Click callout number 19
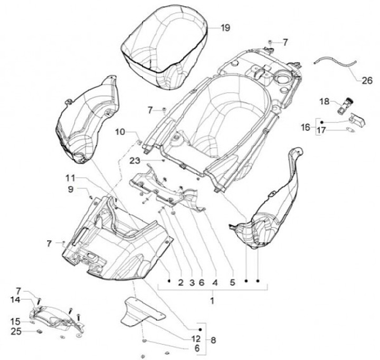point(225,28)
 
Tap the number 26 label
point(367,81)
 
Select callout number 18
point(324,101)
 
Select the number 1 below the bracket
point(212,301)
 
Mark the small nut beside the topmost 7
point(270,41)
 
